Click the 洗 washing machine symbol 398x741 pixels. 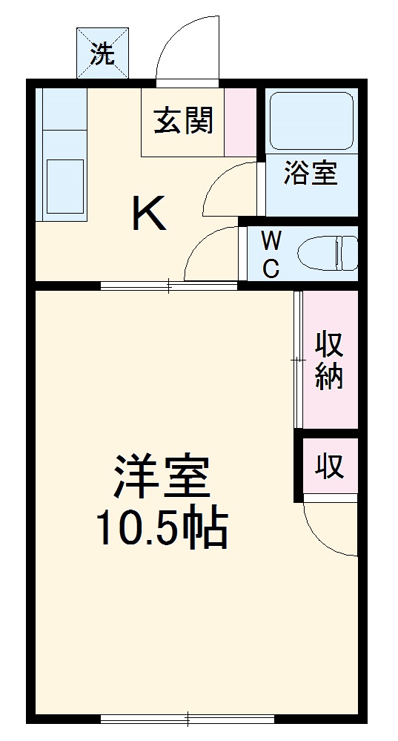[103, 53]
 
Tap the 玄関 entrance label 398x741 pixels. [183, 120]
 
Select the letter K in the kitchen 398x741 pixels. [148, 214]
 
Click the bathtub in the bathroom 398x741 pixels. [311, 120]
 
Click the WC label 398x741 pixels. [271, 254]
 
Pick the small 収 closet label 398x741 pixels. [330, 467]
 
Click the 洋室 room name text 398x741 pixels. [162, 476]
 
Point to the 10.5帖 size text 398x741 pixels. [162, 528]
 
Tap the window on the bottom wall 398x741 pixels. [188, 718]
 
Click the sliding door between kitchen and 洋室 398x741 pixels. [169, 284]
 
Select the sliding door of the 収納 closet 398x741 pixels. [298, 360]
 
